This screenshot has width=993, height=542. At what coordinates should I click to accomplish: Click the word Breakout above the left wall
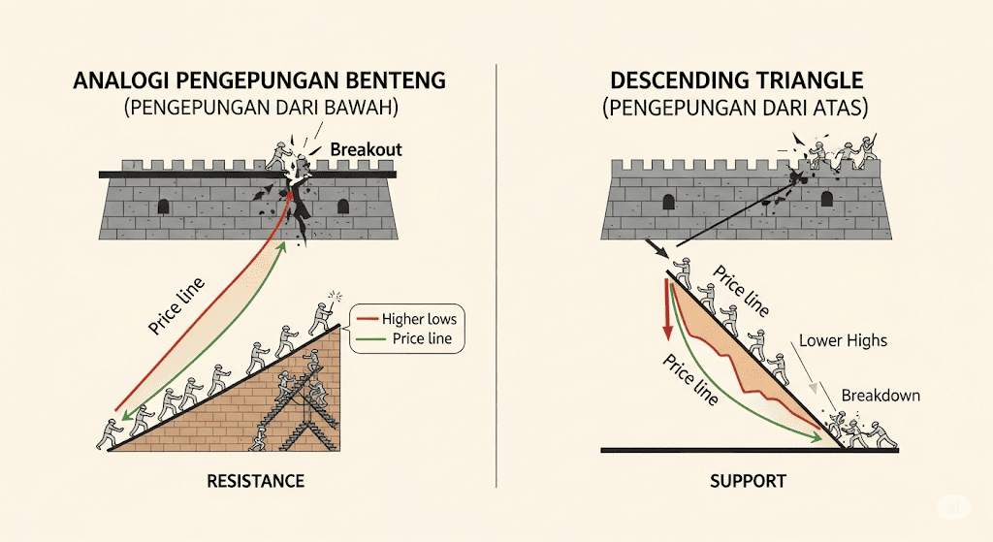point(366,150)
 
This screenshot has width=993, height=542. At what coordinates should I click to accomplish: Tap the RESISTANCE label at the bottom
point(256,481)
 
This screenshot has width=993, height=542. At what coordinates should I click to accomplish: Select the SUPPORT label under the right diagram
point(748,481)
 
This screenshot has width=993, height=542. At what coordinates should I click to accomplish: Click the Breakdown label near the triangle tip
point(881,396)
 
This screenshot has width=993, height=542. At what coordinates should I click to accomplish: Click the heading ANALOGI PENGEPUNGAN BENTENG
point(259,81)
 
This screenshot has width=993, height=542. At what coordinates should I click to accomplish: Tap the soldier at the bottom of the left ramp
point(109,434)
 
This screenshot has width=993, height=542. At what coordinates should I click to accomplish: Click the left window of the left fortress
point(163,206)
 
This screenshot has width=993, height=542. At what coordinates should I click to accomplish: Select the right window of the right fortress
point(826,199)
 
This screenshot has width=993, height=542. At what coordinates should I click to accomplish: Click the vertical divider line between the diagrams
point(496,271)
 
